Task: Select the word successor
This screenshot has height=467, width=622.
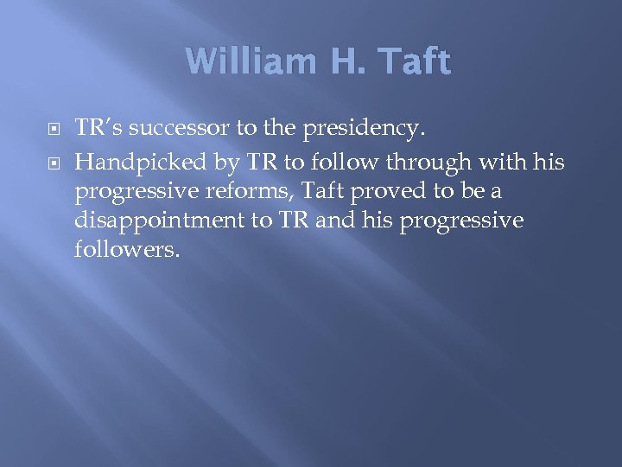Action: (x=176, y=130)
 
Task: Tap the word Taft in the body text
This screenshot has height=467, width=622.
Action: (x=305, y=190)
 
